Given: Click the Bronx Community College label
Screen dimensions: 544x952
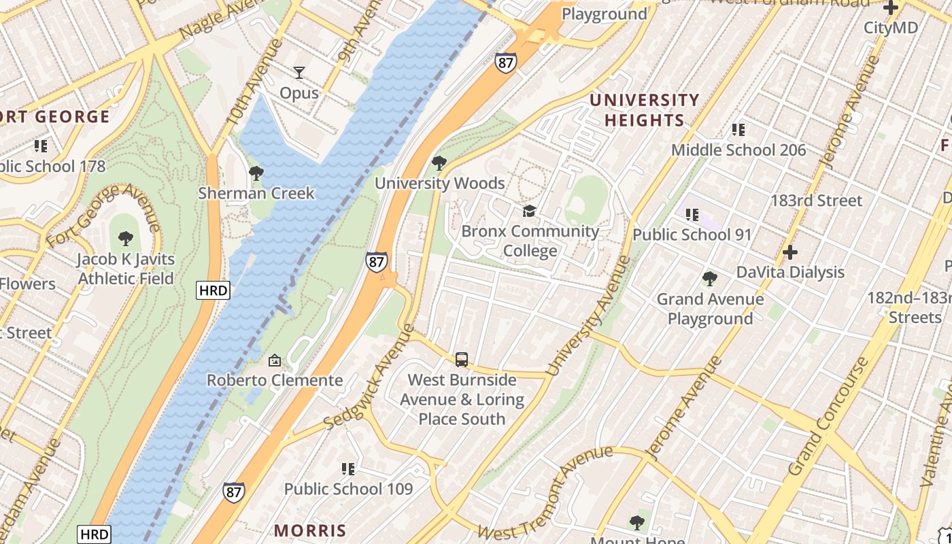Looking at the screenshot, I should [x=530, y=241].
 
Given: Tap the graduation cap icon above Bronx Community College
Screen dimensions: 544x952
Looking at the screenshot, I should [x=529, y=211].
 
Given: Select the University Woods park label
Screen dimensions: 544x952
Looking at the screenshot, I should [x=440, y=183].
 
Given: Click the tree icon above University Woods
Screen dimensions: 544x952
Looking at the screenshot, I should [x=439, y=163].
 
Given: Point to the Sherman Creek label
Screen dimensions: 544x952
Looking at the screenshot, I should [x=256, y=193].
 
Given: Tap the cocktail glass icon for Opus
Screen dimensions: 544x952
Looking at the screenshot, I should [x=299, y=72].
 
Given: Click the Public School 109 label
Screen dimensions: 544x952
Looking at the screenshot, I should [x=348, y=488].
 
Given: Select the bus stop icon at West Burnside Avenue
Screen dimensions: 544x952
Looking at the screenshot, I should [x=462, y=359].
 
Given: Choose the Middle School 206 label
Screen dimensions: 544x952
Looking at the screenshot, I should [x=738, y=150].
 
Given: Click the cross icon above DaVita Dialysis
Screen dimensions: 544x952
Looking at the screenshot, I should [x=789, y=252].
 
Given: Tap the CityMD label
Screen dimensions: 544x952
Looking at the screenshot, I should [x=890, y=28].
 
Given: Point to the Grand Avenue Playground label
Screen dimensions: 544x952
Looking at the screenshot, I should [x=710, y=309].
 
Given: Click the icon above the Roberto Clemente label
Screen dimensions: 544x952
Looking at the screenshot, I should [x=275, y=360].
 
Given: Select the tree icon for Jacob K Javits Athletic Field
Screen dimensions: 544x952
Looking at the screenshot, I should [x=125, y=239].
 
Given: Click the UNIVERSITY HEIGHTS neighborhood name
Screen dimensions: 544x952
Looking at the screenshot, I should [x=644, y=110].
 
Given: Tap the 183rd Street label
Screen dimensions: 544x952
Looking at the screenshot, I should [x=816, y=201].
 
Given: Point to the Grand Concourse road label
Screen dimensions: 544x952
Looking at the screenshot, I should [x=828, y=416].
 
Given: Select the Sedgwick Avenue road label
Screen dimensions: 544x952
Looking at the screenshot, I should [x=369, y=377].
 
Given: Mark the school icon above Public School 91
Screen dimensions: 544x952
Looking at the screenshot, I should [x=692, y=215].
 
